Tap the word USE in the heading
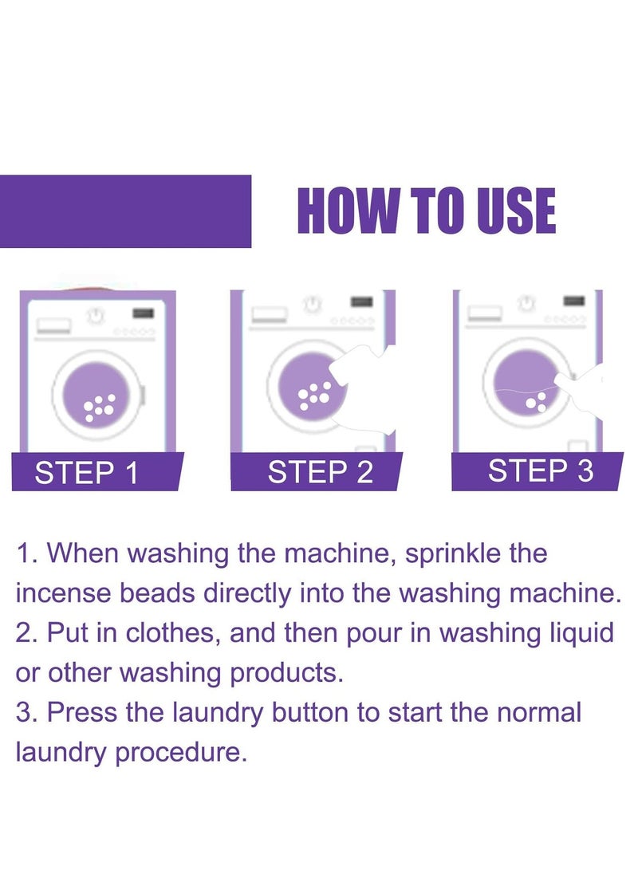click(x=511, y=211)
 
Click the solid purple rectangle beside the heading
click(x=125, y=211)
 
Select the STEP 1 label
click(x=87, y=473)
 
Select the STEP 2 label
click(x=321, y=472)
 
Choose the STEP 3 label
click(x=541, y=470)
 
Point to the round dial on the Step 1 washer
click(x=97, y=316)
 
